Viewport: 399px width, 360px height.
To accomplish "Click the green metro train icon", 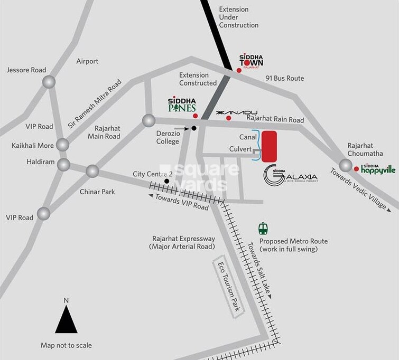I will tap(263, 229).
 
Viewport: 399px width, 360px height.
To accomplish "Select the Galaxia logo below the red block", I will tap(290, 176).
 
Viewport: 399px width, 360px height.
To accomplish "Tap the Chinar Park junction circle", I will tap(92, 171).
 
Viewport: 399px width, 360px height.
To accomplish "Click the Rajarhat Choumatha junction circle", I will tap(346, 166).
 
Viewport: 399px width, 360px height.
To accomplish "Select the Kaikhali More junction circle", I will tap(63, 144).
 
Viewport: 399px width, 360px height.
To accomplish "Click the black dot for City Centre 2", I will tap(167, 181).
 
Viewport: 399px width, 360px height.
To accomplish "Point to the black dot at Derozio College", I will tap(194, 128).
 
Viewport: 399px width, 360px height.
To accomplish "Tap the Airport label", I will tap(87, 61).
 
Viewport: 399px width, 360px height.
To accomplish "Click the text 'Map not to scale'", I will tap(66, 345).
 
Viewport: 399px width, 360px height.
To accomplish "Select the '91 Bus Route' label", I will tap(284, 78).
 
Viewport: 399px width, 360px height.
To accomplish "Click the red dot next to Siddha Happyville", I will tap(357, 169).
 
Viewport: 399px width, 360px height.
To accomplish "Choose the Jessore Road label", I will tap(26, 70).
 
